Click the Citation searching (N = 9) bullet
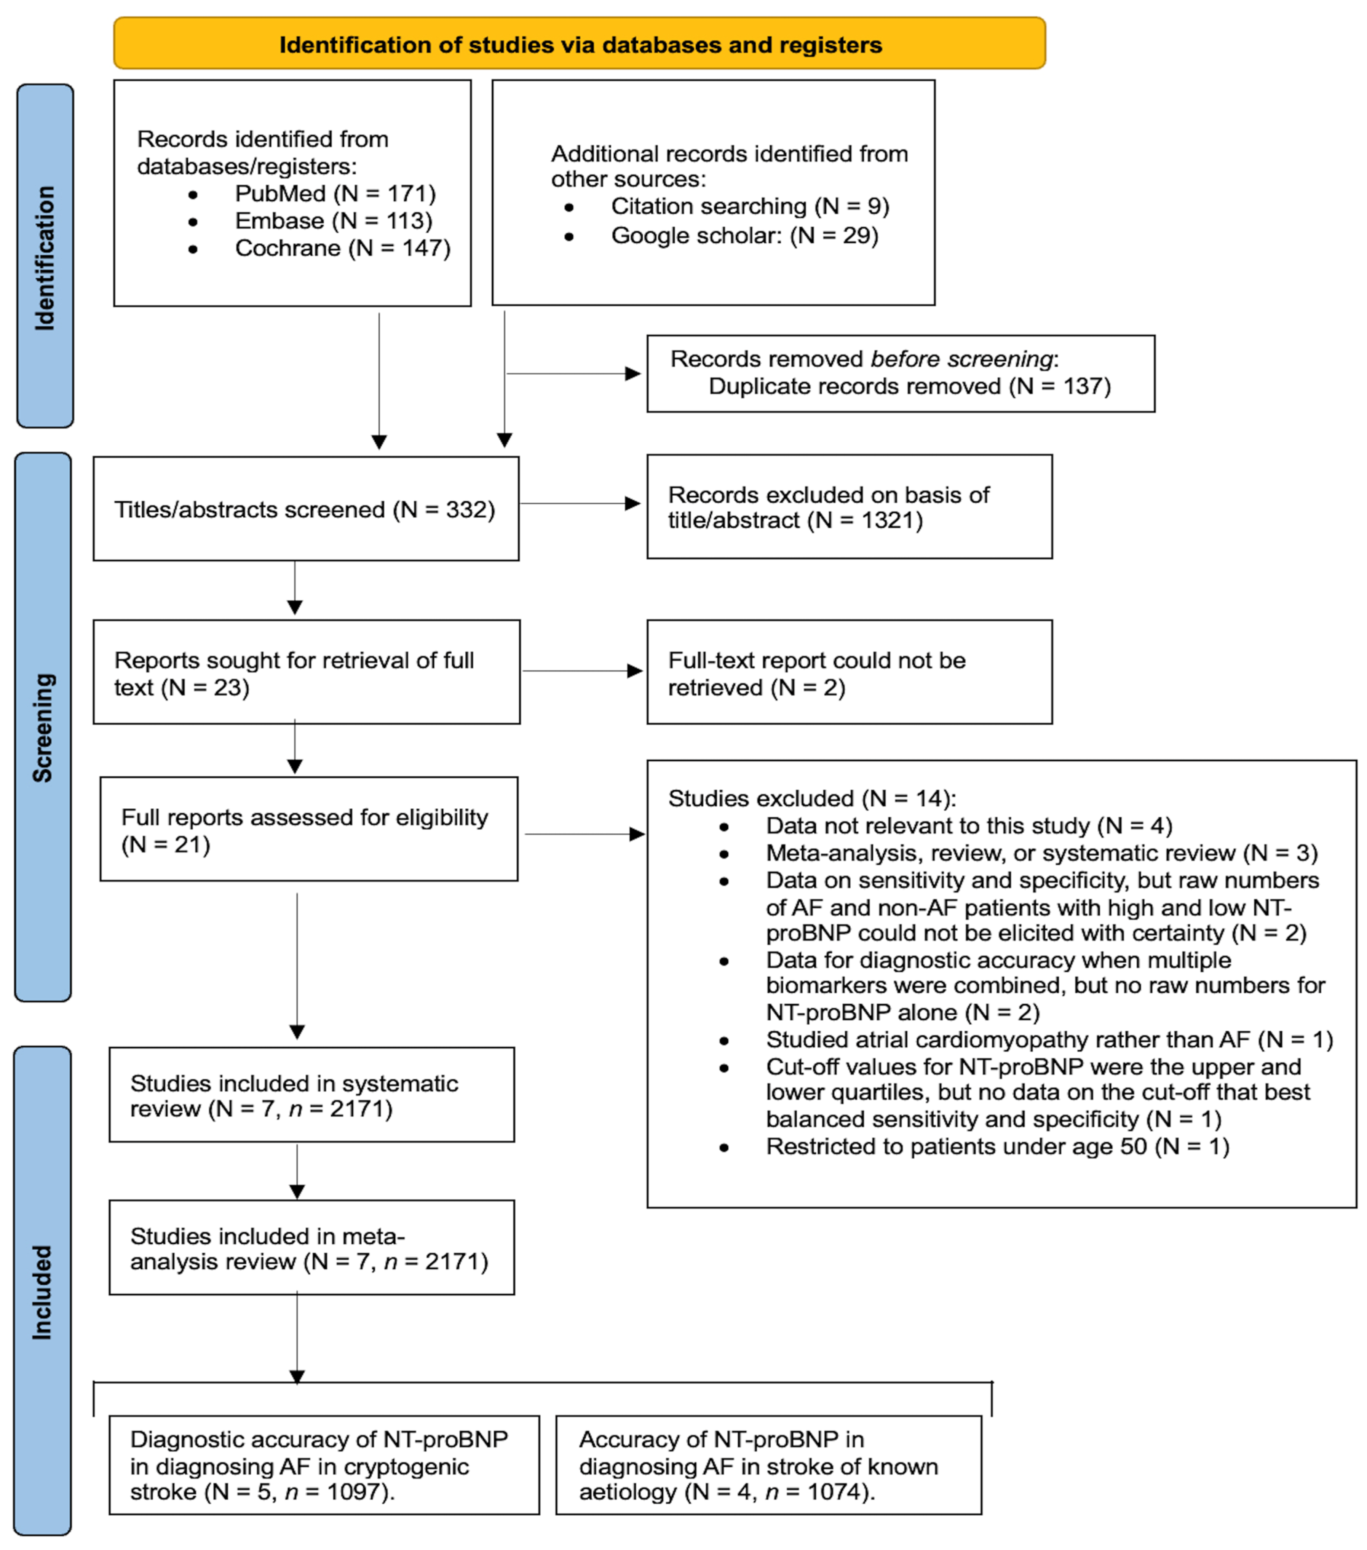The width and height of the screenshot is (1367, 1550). [x=749, y=206]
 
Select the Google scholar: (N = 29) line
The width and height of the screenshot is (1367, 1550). [x=744, y=235]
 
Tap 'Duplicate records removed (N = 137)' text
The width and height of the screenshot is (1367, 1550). [x=909, y=386]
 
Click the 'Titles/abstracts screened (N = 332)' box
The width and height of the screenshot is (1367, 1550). [x=306, y=509]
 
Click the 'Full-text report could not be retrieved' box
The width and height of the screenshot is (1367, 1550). [x=849, y=673]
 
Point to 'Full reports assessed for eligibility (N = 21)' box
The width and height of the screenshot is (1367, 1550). [x=309, y=830]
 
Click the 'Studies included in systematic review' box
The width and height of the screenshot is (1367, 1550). [x=311, y=1095]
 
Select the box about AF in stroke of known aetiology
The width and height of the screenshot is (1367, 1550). [x=768, y=1465]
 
